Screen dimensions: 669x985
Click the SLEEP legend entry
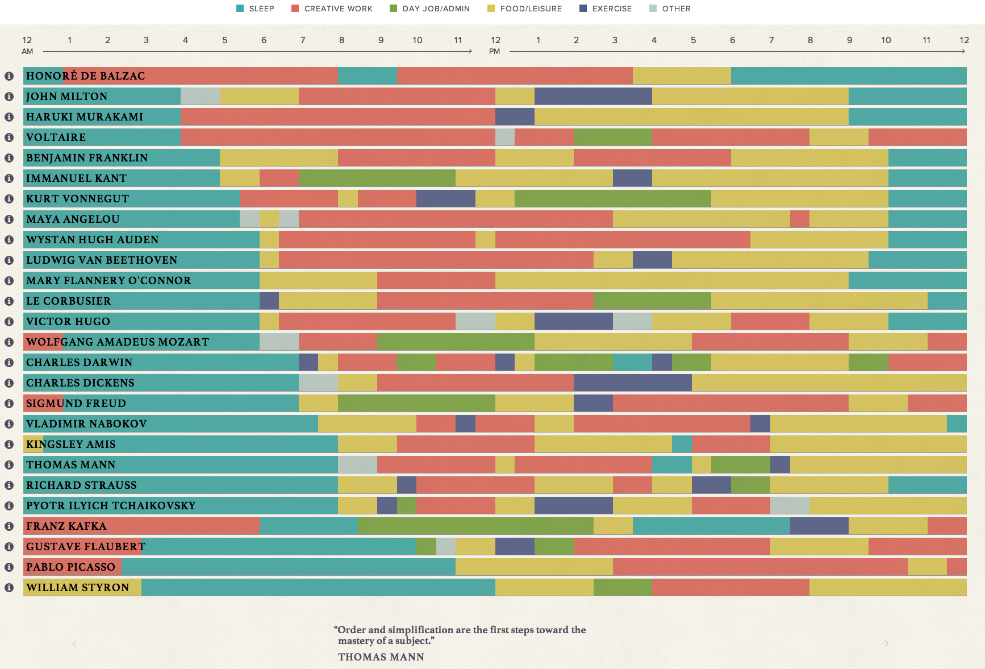coord(255,9)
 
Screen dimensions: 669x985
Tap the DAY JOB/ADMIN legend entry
coord(430,9)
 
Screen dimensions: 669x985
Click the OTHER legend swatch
coord(653,9)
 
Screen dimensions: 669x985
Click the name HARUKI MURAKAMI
coord(85,117)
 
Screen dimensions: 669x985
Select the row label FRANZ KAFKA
coord(66,526)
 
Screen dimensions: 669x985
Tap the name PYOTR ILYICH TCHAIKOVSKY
coord(111,506)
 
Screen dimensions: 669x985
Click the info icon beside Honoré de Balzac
coord(9,76)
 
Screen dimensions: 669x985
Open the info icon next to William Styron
coord(9,588)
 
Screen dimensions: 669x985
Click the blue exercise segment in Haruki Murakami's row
coord(515,117)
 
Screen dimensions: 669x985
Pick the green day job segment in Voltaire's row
coord(612,138)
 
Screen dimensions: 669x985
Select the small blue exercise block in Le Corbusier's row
coord(269,301)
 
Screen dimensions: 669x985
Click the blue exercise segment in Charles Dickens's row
coord(632,383)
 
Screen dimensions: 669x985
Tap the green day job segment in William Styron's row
coord(623,588)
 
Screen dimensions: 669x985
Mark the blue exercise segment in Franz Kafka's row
coord(819,526)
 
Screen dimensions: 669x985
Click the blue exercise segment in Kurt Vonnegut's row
coord(446,199)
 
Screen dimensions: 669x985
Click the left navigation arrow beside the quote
coord(74,643)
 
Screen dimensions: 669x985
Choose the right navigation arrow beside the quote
coord(886,643)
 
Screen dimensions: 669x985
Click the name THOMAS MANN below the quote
coord(381,657)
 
